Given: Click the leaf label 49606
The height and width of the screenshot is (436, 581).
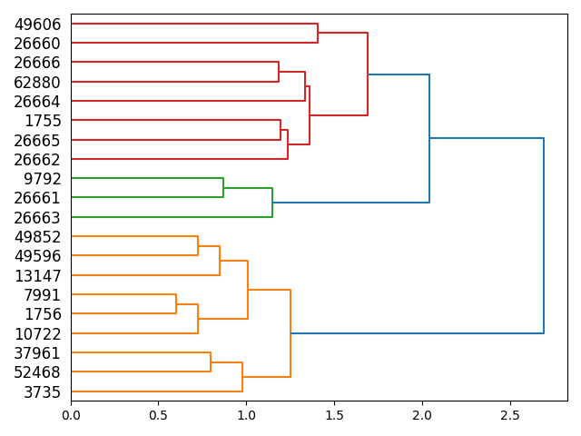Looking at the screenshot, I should (x=37, y=25).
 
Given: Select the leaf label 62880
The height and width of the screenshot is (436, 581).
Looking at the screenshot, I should (x=37, y=83).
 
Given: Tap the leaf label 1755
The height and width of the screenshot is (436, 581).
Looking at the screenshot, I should (x=44, y=121).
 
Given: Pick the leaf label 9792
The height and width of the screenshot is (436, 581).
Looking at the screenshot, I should (x=44, y=179).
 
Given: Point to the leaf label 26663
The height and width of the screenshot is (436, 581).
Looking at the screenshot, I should (x=37, y=218).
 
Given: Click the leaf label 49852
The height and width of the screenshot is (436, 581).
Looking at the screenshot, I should (x=37, y=237).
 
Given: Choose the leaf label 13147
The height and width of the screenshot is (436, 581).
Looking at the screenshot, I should (x=37, y=276).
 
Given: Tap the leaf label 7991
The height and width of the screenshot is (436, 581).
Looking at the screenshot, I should (x=44, y=295).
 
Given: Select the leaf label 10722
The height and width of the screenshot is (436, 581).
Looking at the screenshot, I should (x=37, y=333).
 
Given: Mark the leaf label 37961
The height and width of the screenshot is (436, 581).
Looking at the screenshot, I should (x=37, y=353).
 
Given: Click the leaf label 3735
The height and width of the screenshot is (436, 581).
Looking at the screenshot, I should (x=44, y=391).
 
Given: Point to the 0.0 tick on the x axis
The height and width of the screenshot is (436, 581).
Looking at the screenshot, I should (x=71, y=401).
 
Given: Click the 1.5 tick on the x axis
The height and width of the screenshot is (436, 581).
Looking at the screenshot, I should (x=334, y=401).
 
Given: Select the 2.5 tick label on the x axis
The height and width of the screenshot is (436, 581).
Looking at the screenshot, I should (x=510, y=416).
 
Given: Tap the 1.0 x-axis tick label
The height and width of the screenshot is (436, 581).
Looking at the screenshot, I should (x=246, y=416).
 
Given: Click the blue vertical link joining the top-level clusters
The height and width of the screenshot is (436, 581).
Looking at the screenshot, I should (x=544, y=236).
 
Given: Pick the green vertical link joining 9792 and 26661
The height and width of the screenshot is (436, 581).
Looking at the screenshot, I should (x=223, y=188).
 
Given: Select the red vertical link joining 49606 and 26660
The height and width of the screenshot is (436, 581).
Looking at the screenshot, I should (x=318, y=34).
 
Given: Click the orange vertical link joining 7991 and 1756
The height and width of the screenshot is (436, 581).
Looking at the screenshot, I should (x=176, y=304).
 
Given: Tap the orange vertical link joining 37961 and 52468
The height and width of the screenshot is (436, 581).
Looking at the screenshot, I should (x=211, y=362).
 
